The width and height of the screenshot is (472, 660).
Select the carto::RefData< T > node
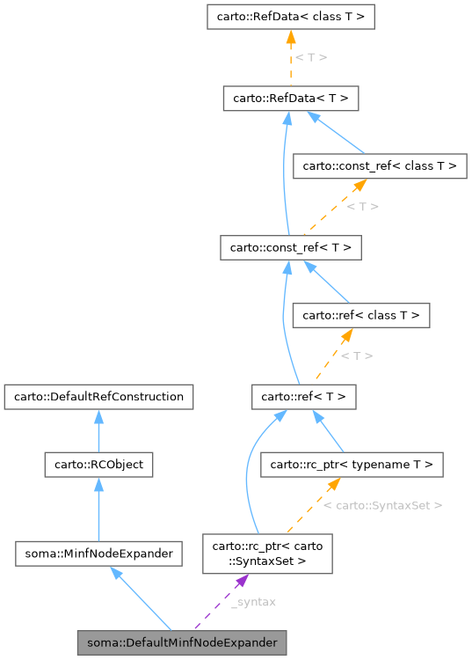point(290,98)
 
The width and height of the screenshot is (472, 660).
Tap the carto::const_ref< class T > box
point(380,165)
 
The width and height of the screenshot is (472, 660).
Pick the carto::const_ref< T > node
point(290,247)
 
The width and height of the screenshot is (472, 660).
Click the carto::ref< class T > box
point(361,314)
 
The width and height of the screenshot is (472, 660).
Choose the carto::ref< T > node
point(303,397)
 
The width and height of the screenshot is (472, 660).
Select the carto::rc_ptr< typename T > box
point(352,464)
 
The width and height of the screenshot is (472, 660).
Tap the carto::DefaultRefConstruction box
point(98,397)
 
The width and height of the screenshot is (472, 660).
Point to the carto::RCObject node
point(98,464)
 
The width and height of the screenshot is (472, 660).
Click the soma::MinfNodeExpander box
point(98,554)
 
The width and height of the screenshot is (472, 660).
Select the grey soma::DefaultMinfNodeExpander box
point(182,643)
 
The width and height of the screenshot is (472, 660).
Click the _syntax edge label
point(253,602)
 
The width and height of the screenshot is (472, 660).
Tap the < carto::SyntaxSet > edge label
point(382,506)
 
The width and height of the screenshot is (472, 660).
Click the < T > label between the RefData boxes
point(310,57)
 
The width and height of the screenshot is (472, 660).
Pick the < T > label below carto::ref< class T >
point(356,356)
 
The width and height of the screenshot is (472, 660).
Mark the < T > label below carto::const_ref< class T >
point(362,207)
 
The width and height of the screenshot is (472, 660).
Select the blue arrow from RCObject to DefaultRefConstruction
point(98,430)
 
